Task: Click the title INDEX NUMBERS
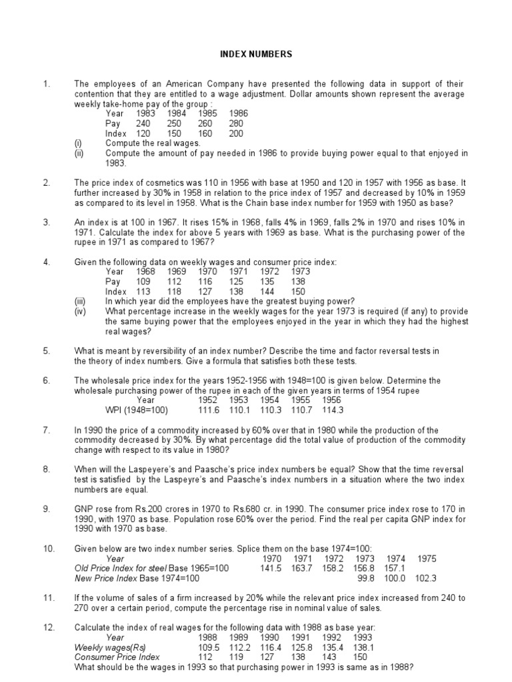(x=256, y=54)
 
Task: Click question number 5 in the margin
(x=47, y=350)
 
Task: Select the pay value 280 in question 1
(x=237, y=123)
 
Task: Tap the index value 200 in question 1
(x=237, y=133)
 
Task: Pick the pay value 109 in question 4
(x=144, y=282)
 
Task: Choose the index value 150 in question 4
(x=299, y=291)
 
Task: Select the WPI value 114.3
(x=332, y=410)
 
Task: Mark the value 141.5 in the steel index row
(x=272, y=568)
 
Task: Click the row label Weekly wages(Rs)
(x=110, y=647)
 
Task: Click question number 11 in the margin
(x=48, y=597)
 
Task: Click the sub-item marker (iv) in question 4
(x=80, y=311)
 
